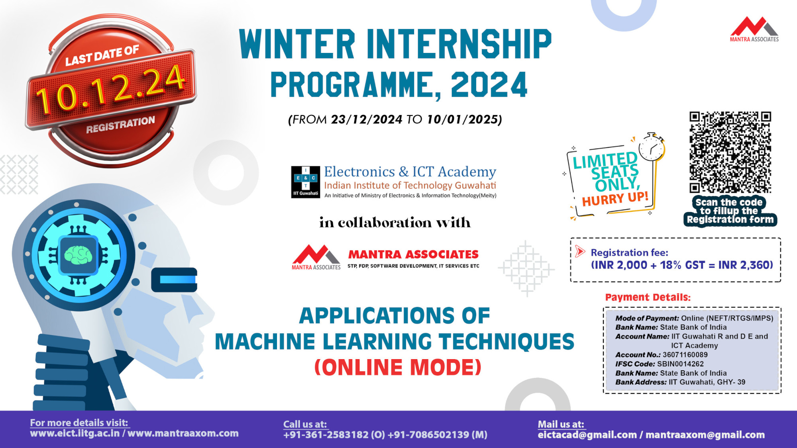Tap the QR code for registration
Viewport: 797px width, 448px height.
(x=730, y=152)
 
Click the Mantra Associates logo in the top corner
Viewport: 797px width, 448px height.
(x=754, y=29)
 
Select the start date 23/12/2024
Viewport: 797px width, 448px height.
(x=366, y=119)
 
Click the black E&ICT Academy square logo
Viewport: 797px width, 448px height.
(x=305, y=182)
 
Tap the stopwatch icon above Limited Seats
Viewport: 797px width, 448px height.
(x=652, y=147)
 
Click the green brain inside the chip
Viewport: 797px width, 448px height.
(x=79, y=255)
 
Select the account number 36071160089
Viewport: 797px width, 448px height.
(x=685, y=354)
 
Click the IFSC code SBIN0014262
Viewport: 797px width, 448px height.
(x=680, y=364)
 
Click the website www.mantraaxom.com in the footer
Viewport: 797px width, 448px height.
(x=183, y=433)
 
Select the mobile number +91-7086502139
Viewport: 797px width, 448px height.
(x=428, y=434)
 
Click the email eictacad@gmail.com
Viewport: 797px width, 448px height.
(x=587, y=435)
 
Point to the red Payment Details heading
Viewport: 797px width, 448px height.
(x=648, y=297)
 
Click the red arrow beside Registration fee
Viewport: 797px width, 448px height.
(x=580, y=251)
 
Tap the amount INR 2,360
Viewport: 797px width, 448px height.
(x=745, y=265)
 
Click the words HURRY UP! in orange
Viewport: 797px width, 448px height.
(x=615, y=198)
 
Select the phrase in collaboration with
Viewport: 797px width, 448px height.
(x=395, y=223)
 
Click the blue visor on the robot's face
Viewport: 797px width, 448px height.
(x=174, y=280)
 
